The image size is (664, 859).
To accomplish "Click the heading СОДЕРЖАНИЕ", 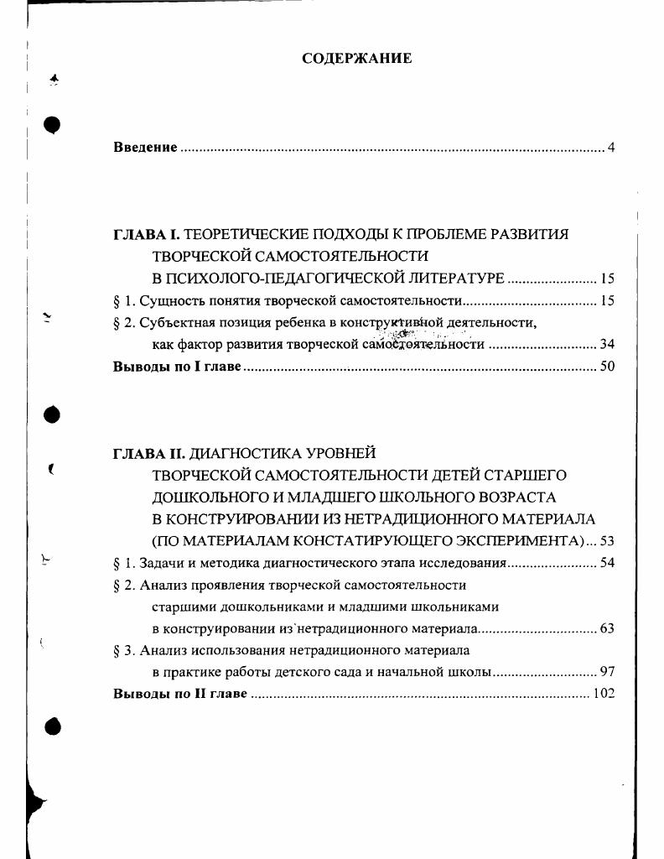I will [356, 59].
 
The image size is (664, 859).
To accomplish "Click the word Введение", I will [145, 148].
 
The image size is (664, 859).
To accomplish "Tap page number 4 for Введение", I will [611, 148].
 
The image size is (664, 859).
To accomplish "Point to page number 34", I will [607, 344].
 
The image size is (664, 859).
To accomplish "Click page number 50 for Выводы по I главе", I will [607, 367].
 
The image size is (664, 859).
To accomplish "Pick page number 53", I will [607, 541].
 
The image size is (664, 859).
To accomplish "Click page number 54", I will [607, 563].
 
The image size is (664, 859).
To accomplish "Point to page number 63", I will [607, 628].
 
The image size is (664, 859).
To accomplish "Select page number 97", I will [607, 672].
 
